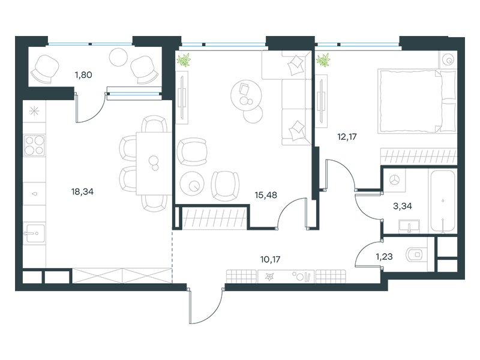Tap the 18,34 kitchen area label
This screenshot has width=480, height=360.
click(83, 192)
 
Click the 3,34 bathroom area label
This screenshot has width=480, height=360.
click(402, 206)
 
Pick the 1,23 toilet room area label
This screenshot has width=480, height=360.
click(385, 257)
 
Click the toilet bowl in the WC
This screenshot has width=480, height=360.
click(415, 255)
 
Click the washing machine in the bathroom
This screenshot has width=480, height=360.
click(394, 179)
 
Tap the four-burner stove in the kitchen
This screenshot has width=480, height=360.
click(33, 146)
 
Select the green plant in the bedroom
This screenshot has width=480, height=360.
click(323, 59)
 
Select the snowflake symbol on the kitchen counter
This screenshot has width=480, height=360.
click(34, 110)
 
